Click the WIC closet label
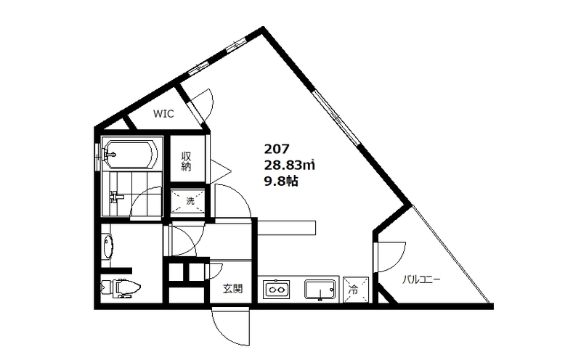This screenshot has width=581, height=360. point(163,114)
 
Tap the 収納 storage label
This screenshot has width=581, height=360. point(186,161)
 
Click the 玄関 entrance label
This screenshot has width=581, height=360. point(232,288)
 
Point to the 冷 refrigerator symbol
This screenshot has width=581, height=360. point(356,290)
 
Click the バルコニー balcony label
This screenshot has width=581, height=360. point(421,279)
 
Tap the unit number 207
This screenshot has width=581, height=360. point(277,149)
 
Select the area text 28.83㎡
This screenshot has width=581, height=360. point(289,165)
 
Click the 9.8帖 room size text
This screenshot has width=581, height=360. point(281,181)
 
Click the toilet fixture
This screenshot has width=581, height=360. point(121,287)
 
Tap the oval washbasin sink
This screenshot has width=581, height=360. point(108,247)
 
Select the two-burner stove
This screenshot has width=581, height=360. point(277,290)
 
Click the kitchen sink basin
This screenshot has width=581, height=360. point(320,290)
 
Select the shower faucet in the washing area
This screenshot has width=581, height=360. point(115,196)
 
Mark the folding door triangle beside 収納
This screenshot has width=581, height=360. point(220,171)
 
